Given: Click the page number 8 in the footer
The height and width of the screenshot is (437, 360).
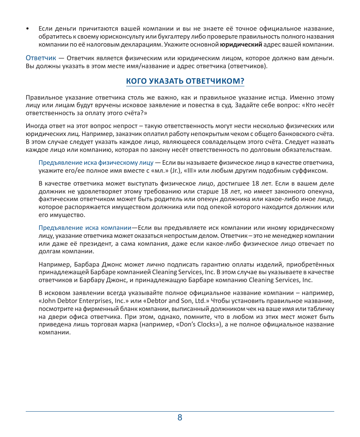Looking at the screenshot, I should tap(180, 418).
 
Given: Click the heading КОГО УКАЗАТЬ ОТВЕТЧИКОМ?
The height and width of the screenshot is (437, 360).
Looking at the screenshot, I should tap(185, 81).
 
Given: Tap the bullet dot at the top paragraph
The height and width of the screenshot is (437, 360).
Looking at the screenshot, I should tap(27, 29).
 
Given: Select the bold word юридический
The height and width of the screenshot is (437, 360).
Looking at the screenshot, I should tap(241, 45).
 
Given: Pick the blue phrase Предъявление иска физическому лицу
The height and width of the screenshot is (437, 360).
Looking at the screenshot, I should tap(96, 163).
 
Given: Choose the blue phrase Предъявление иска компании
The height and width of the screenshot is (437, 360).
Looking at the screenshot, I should tap(85, 228).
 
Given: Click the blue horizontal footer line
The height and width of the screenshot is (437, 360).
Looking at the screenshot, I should tap(180, 411).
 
